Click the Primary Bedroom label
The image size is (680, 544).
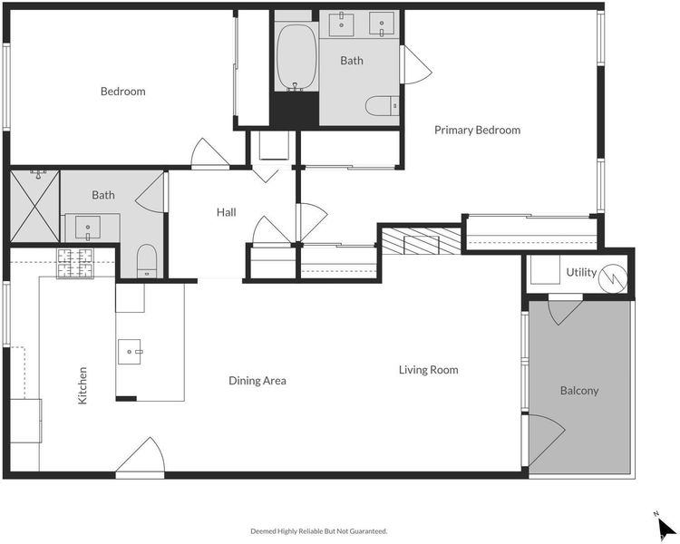[x=477, y=131]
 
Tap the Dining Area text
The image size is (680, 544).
[x=257, y=381]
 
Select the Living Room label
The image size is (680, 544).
[x=429, y=370]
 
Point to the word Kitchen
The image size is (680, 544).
[x=83, y=385]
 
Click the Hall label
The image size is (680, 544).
[x=227, y=212]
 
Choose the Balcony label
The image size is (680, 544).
[x=579, y=391]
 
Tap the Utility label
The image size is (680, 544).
[x=581, y=272]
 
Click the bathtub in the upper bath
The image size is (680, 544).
[x=296, y=57]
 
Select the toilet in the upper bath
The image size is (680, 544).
[x=382, y=105]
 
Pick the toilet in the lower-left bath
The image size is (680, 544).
[x=147, y=261]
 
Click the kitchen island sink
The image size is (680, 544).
[x=130, y=352]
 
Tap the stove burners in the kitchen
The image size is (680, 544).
[x=75, y=264]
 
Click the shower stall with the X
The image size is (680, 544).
[x=34, y=206]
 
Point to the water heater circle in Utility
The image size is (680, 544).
[x=613, y=277]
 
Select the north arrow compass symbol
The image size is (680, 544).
[x=665, y=528]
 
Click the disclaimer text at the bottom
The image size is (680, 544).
[x=319, y=531]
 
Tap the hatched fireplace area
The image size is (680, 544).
[x=421, y=241]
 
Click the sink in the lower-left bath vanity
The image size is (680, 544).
[x=88, y=228]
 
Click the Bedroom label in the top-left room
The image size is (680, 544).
[x=122, y=92]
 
